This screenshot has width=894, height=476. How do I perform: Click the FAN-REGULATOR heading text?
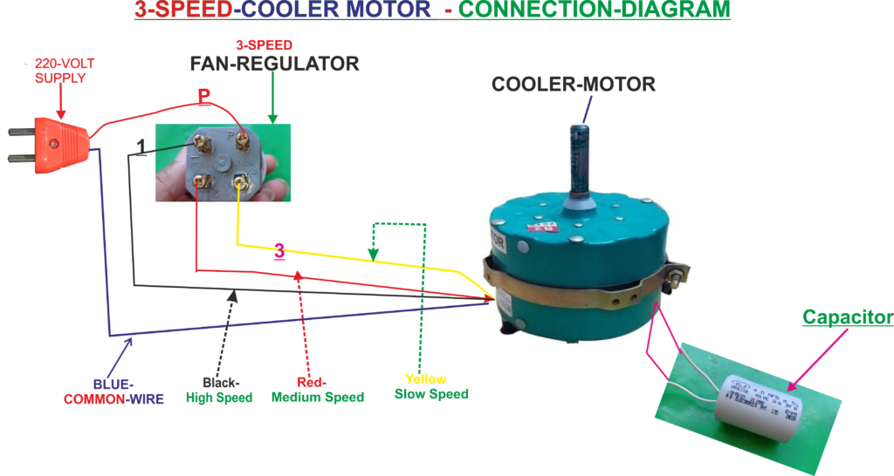(x=274, y=65)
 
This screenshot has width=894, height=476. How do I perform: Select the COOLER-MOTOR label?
(x=573, y=85)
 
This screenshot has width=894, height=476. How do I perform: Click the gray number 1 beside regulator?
(x=142, y=147)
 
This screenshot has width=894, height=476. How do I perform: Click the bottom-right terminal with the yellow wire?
(x=241, y=181)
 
